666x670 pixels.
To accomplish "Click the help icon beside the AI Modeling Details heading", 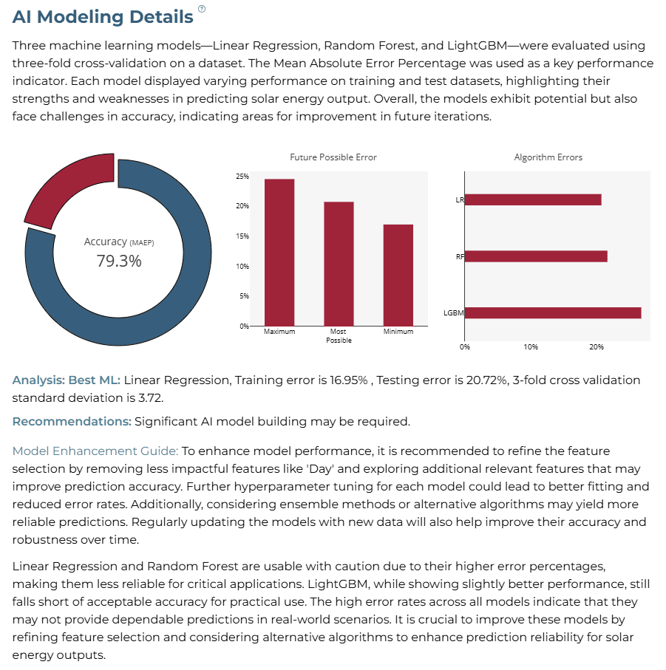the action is [x=202, y=9].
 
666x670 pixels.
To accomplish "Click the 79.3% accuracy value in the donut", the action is [x=119, y=261].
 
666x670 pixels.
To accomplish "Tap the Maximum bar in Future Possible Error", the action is [x=279, y=253].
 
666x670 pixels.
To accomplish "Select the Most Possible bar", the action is [x=339, y=264].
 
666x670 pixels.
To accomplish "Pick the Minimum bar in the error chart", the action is [x=398, y=276].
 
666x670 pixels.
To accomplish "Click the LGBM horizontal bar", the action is [x=553, y=312].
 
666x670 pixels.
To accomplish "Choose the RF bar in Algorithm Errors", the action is [x=536, y=256].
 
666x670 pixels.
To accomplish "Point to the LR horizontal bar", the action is [x=533, y=199].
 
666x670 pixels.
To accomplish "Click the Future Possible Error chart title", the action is [x=333, y=157].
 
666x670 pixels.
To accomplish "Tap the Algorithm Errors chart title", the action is [x=548, y=157].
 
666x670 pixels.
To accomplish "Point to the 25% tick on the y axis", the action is [x=242, y=176].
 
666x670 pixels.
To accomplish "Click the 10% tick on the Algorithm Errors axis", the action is [x=531, y=347].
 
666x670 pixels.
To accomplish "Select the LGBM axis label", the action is [x=454, y=312].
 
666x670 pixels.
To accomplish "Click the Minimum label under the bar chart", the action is [x=398, y=332].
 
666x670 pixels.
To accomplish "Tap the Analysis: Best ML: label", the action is [x=67, y=380].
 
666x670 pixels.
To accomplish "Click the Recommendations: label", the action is [x=72, y=422].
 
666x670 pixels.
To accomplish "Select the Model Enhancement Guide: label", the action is [x=95, y=451].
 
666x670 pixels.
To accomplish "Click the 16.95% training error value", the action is [x=348, y=380].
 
